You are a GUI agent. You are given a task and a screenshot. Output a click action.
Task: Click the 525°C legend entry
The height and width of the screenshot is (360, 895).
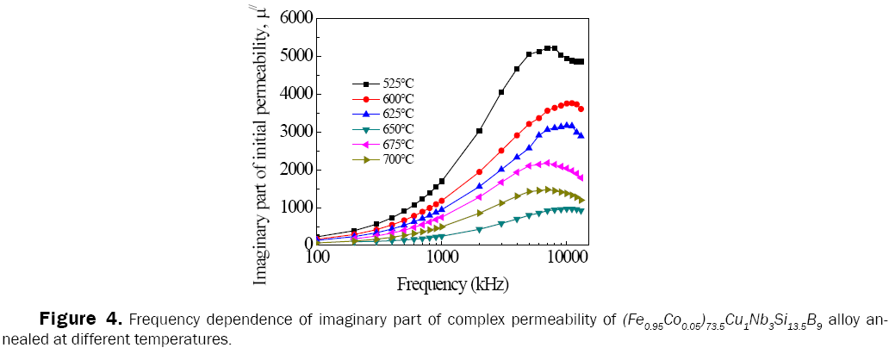[396, 84]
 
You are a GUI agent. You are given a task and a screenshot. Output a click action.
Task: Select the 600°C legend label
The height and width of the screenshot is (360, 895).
[396, 99]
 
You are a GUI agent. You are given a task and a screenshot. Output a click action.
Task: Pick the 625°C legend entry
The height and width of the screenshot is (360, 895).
[396, 114]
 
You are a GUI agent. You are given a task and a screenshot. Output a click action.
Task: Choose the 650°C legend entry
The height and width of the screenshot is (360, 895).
[396, 129]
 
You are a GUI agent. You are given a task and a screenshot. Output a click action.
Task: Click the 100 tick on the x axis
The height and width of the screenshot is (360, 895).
[318, 258]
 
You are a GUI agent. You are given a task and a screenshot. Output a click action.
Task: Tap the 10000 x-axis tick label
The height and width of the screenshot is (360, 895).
[566, 258]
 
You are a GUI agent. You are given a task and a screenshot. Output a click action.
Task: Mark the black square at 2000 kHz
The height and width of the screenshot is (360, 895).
[480, 131]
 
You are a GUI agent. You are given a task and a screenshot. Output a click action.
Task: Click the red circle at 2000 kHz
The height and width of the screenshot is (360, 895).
[480, 171]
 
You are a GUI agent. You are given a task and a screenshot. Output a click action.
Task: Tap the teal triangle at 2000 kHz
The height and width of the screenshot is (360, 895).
[480, 230]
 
